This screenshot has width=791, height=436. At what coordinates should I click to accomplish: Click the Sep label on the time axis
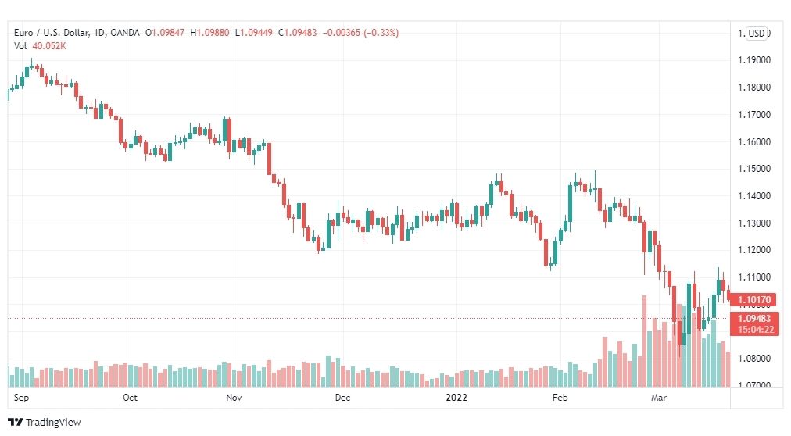22,398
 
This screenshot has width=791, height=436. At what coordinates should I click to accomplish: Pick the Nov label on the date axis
233,398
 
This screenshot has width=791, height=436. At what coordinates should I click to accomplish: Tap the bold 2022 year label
456,398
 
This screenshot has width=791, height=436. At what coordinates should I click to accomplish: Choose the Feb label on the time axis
559,398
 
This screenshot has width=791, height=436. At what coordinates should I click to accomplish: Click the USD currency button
756,33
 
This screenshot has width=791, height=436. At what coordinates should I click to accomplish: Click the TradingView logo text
48,422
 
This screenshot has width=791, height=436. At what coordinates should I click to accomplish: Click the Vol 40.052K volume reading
41,45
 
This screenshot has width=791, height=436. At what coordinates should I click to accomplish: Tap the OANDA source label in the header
125,33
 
